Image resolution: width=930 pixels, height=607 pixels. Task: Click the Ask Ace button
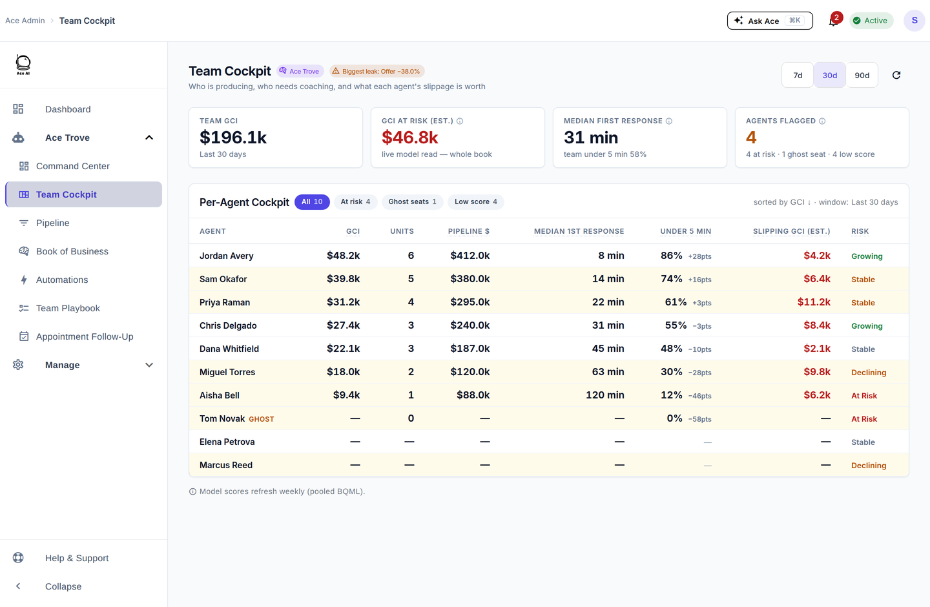(x=770, y=21)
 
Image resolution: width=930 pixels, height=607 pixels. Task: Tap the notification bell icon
(x=833, y=21)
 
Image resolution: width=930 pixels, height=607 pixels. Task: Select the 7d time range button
(x=798, y=75)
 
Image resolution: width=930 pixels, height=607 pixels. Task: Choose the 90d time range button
(x=862, y=75)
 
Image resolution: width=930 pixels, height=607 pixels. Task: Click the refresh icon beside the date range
(x=896, y=75)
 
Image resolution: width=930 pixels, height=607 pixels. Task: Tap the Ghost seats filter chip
(x=412, y=201)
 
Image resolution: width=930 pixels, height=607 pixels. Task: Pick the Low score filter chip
(x=476, y=201)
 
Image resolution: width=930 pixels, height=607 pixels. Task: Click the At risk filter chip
(x=355, y=201)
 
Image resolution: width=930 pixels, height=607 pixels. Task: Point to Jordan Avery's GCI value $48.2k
(x=344, y=255)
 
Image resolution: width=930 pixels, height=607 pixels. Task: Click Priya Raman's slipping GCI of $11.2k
(x=814, y=302)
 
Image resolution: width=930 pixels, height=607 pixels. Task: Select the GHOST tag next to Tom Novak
(x=261, y=419)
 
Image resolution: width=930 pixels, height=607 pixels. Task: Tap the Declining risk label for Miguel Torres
(x=869, y=373)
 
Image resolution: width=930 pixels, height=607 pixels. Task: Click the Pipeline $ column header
(x=469, y=231)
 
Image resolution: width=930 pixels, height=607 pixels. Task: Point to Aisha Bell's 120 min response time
(x=605, y=395)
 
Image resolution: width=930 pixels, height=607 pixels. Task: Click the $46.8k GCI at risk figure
(x=409, y=138)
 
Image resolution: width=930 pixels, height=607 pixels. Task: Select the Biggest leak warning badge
(x=377, y=71)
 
